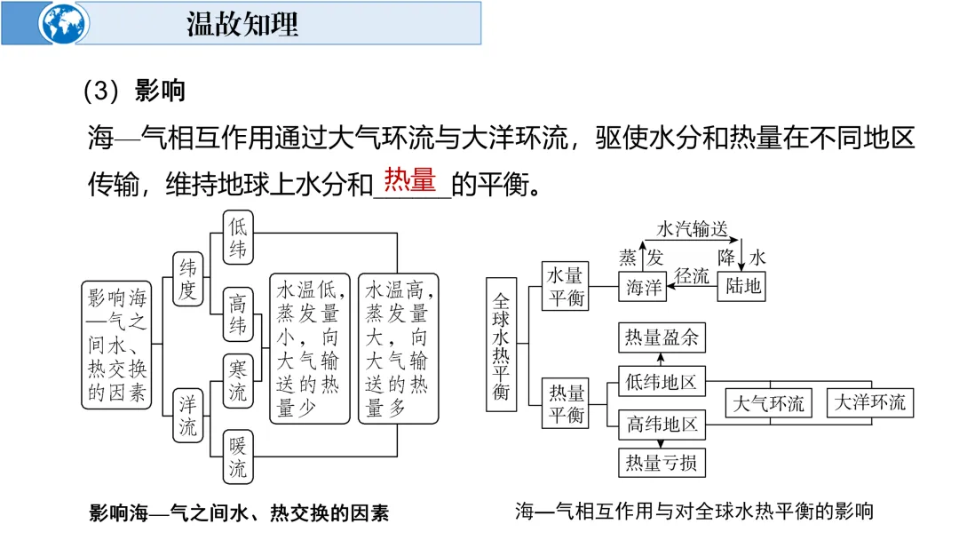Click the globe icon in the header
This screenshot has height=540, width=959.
tap(63, 24)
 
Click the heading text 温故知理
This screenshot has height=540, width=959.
tap(242, 24)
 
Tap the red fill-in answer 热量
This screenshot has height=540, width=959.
tap(410, 180)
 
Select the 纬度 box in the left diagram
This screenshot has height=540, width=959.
tap(187, 279)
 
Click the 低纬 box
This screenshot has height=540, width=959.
tap(237, 237)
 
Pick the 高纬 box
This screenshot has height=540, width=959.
tap(237, 314)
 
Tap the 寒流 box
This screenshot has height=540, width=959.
tap(237, 380)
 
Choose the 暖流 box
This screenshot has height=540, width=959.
tap(237, 457)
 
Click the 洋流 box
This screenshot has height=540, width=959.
tap(187, 416)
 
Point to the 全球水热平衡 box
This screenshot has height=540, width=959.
tap(501, 343)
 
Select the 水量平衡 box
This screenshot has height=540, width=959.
tap(566, 285)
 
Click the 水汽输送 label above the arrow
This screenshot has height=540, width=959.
tap(692, 229)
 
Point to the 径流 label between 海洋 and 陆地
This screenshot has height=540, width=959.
tap(692, 276)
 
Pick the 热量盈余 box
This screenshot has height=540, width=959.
tap(662, 337)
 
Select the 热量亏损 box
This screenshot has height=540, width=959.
tap(662, 463)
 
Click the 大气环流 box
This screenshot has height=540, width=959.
tap(769, 403)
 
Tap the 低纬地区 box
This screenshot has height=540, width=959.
tap(662, 383)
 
